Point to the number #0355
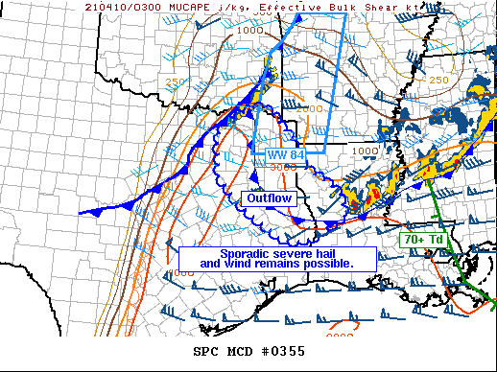(x=283, y=351)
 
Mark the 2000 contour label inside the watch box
(x=309, y=108)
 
